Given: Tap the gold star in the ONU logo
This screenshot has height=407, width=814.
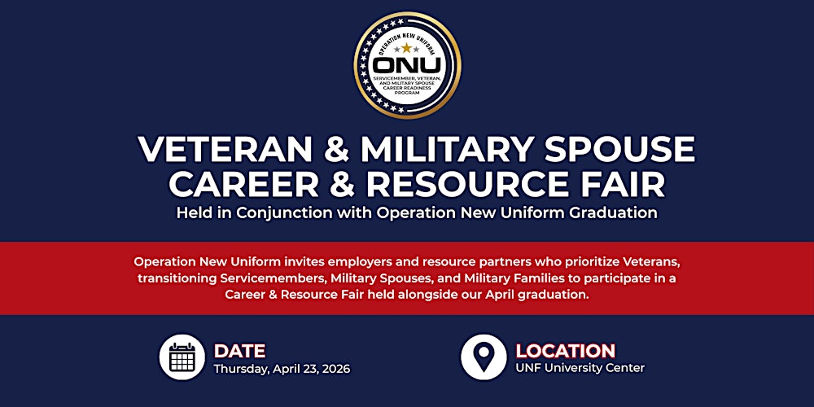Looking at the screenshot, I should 406,48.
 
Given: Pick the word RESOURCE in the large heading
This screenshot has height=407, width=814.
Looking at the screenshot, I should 460,184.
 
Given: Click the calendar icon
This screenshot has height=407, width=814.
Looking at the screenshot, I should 182,357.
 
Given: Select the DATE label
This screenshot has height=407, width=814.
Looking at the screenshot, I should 239,351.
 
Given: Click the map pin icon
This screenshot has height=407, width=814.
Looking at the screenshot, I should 484,357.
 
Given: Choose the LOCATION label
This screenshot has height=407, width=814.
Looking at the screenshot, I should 565,351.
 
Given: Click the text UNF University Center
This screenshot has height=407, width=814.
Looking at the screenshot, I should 580,369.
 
